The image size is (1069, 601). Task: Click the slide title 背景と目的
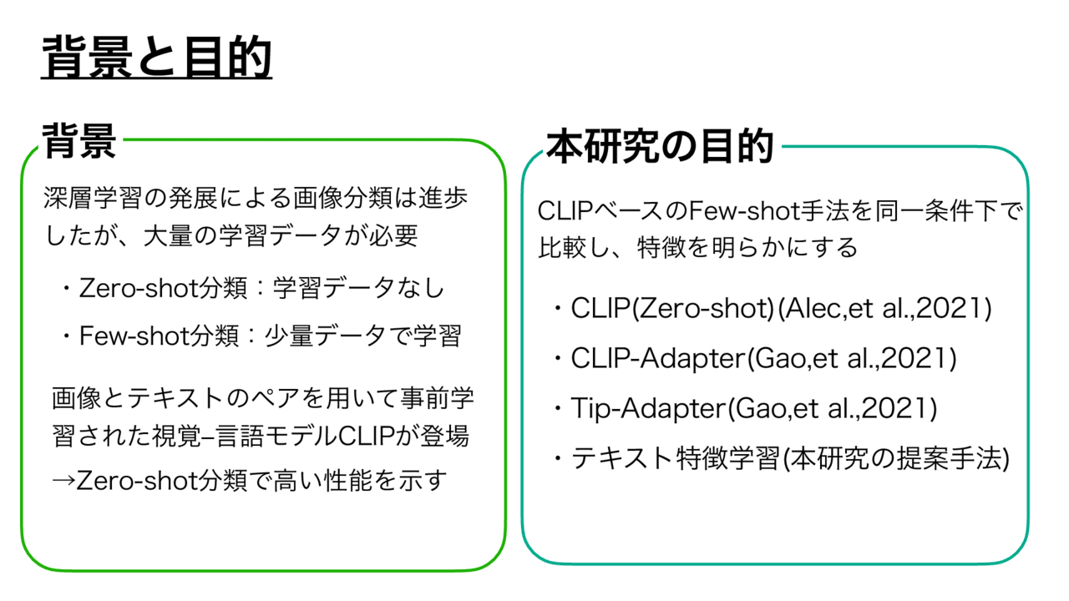156,58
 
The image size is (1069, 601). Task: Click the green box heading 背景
79,141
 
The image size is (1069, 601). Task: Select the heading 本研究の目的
660,146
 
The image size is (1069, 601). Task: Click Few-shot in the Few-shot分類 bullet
134,336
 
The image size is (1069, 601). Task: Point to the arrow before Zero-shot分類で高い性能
63,481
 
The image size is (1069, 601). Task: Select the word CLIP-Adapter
657,359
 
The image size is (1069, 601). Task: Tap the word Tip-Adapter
647,409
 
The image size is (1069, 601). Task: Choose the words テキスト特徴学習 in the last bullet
676,459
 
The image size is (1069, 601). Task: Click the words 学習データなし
359,288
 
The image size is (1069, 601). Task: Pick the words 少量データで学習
362,336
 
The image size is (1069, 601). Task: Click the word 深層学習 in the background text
93,198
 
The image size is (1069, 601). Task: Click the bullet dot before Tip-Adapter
557,409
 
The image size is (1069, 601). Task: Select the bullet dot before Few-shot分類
65,336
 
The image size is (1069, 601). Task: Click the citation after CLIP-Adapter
851,359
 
